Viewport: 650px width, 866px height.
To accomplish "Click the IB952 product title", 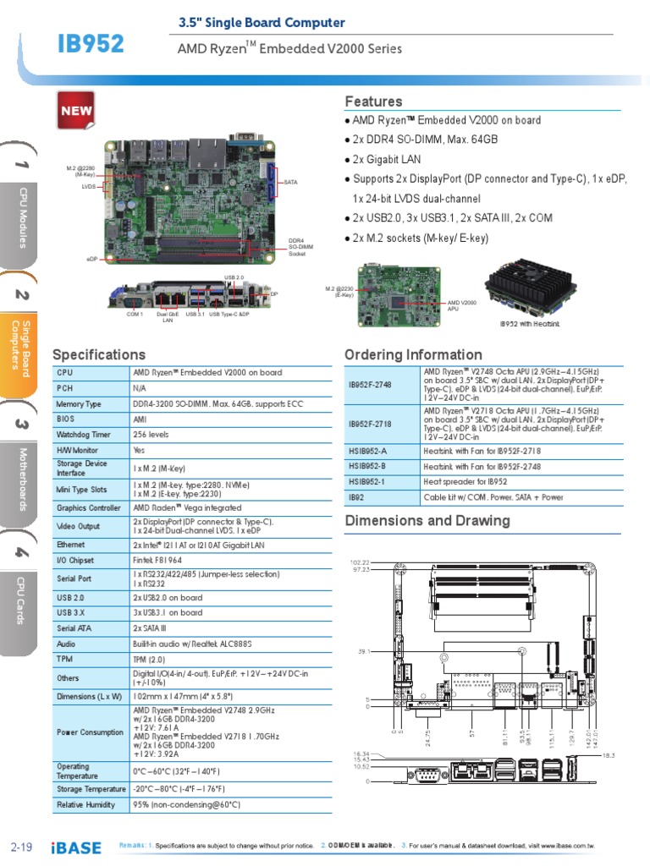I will (x=91, y=43).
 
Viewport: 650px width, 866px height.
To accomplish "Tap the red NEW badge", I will (x=75, y=111).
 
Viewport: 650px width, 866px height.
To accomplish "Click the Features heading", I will (x=373, y=101).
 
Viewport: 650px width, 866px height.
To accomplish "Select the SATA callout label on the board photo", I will (x=290, y=182).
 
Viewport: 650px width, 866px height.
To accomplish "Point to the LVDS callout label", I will (x=88, y=186).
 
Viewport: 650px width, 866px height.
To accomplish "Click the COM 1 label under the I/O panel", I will (x=135, y=315).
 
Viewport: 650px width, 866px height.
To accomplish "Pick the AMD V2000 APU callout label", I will (x=462, y=306).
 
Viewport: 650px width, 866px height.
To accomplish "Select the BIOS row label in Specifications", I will (x=65, y=419).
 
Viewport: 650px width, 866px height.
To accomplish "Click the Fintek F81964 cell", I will (x=157, y=561).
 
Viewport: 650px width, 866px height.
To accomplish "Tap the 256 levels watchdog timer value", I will (x=152, y=435).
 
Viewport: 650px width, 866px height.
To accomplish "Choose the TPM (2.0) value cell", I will (x=149, y=658).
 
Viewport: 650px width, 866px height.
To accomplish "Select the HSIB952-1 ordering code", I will (x=368, y=481).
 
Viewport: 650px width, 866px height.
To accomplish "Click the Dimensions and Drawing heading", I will (x=427, y=520).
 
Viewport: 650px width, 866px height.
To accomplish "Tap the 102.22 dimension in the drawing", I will (x=360, y=562).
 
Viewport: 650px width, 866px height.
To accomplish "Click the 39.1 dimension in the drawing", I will (x=363, y=652).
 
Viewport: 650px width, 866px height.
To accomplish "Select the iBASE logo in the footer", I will (x=76, y=847).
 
